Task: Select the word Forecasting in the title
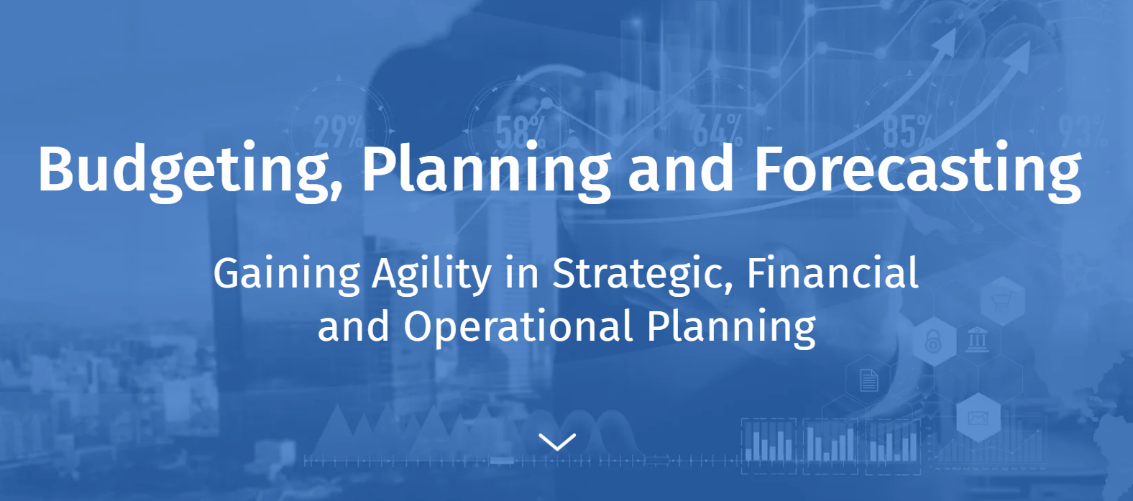pos(918,171)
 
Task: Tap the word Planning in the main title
pos(487,171)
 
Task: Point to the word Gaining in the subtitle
pos(287,275)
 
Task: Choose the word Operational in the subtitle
pos(518,327)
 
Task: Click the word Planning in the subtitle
pos(731,327)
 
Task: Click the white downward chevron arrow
pos(557,442)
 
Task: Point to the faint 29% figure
pos(339,132)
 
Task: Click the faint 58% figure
pos(520,132)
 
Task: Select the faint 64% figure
pos(717,130)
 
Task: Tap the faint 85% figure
pos(908,131)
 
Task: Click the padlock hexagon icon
pos(934,341)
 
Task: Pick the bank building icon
pos(977,339)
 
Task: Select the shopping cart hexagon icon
pos(1002,301)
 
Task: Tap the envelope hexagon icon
pos(978,418)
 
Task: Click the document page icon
pos(868,380)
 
